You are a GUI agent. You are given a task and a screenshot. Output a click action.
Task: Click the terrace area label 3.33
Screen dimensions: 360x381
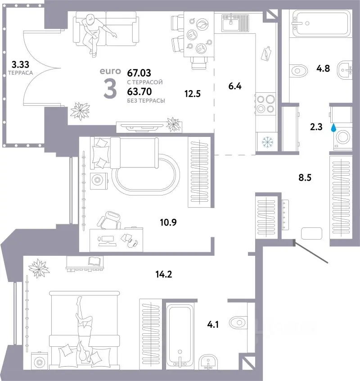click(x=20, y=65)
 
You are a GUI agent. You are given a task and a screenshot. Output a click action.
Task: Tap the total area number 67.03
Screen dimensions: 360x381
click(x=139, y=73)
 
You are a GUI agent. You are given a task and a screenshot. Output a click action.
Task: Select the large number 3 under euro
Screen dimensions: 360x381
click(x=110, y=90)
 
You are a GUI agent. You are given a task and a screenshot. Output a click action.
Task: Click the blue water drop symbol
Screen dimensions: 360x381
click(x=334, y=128)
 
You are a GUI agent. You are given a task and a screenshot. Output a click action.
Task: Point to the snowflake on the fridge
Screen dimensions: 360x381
click(x=267, y=142)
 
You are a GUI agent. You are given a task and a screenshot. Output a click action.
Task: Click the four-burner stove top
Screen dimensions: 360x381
click(x=265, y=104)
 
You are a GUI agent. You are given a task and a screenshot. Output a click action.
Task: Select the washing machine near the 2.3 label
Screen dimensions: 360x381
click(x=342, y=137)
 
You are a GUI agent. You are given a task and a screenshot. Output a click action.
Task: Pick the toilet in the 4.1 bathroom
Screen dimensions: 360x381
click(x=238, y=323)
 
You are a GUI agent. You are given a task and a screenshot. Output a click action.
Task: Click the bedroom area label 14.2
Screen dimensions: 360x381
click(x=164, y=274)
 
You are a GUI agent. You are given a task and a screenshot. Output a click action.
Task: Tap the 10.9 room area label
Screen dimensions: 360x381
click(x=168, y=222)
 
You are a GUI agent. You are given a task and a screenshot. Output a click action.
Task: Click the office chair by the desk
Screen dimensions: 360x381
click(x=109, y=220)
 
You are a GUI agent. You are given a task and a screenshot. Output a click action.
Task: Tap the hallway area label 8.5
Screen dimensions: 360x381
click(x=305, y=177)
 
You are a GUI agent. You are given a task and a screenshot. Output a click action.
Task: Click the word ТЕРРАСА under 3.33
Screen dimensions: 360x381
click(x=20, y=73)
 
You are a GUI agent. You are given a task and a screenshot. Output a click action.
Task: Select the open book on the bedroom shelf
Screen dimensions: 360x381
click(x=94, y=261)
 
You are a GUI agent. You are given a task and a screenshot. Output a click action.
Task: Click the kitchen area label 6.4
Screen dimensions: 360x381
click(x=235, y=86)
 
